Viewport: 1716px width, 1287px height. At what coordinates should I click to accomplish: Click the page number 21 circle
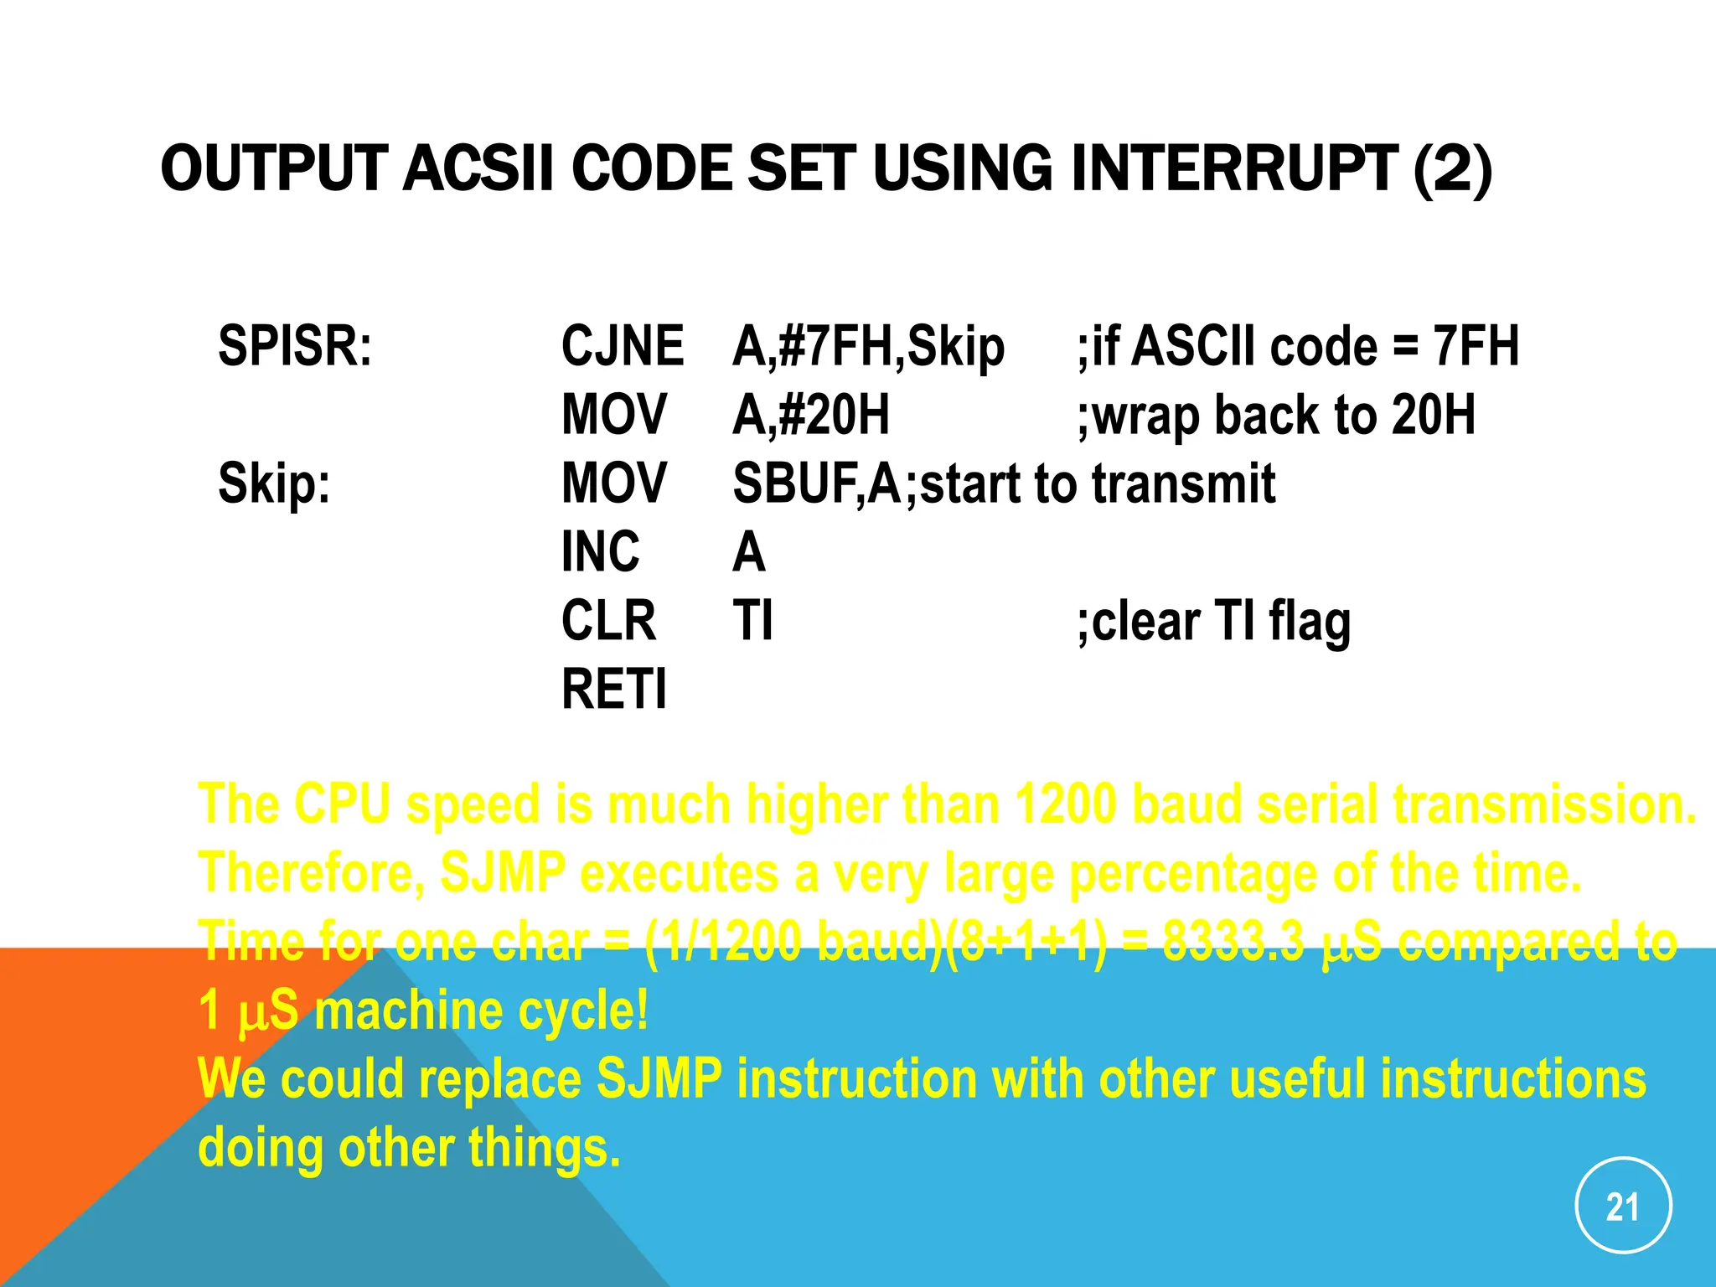(1623, 1206)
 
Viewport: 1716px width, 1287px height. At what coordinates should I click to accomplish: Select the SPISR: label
(295, 345)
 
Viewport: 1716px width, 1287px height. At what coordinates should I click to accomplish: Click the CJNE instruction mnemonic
(622, 345)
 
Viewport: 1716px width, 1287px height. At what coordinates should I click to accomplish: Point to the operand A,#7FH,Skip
(868, 347)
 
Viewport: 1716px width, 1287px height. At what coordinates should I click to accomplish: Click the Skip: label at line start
(274, 483)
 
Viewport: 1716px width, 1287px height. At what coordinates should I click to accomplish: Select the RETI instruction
(614, 690)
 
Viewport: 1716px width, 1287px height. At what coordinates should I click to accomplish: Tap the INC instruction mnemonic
(600, 552)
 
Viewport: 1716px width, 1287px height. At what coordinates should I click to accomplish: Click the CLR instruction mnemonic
(608, 621)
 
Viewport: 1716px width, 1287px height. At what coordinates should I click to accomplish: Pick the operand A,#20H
(810, 415)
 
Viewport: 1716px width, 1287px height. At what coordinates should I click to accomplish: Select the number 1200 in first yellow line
(1065, 804)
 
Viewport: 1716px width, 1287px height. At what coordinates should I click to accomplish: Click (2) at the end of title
(1452, 168)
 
